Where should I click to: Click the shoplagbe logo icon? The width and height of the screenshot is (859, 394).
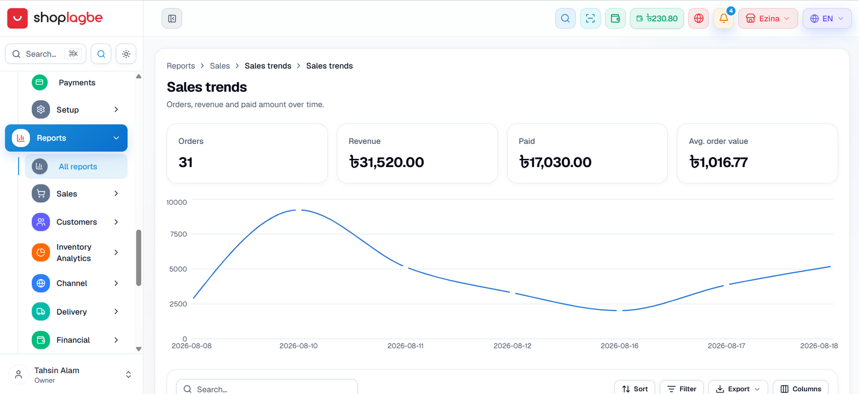17,18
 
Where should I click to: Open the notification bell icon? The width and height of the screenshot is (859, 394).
724,18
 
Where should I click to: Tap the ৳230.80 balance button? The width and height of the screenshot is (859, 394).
657,18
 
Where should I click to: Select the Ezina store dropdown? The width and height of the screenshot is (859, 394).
768,18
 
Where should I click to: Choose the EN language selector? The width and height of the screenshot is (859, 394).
827,18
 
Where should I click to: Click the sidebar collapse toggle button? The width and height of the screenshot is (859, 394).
172,18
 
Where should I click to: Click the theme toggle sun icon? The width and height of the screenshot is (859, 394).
126,54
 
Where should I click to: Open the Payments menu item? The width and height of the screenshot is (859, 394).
77,83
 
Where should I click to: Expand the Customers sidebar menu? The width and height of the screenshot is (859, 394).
76,222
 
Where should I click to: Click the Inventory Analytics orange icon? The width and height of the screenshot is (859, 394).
41,253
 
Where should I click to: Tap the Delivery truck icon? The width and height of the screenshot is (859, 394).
41,311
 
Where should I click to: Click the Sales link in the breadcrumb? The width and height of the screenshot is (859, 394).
220,66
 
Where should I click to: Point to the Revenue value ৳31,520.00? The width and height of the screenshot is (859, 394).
387,162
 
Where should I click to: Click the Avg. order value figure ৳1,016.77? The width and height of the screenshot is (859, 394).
718,162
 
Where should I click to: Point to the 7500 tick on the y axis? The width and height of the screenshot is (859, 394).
178,234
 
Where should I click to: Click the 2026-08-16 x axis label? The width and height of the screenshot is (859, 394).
620,346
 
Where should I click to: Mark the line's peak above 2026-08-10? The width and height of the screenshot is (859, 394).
299,210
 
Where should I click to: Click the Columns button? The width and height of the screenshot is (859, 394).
800,389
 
